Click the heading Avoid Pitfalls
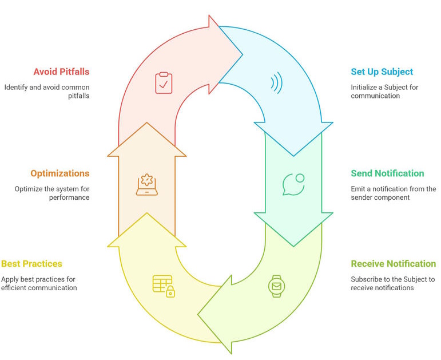coord(61,72)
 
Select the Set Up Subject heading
coord(382,72)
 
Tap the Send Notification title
coord(387,173)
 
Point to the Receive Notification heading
coord(393,264)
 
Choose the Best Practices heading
coord(31,264)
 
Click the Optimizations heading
coord(60,173)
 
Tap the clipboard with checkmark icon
coord(164,83)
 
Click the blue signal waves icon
coord(277,83)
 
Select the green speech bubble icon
coord(293,184)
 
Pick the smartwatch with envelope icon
coord(276,286)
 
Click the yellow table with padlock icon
coord(164,286)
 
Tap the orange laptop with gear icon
coord(147,184)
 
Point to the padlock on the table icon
coord(170,292)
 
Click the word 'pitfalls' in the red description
coord(79,96)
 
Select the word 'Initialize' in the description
coord(364,87)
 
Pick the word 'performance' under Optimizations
coord(69,197)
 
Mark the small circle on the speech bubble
coord(300,178)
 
